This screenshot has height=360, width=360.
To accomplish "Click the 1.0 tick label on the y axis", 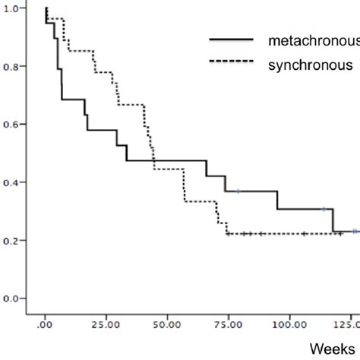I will (x=12, y=8).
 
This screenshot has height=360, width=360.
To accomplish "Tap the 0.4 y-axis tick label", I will (x=12, y=182).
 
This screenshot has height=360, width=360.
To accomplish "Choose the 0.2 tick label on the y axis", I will (x=12, y=240).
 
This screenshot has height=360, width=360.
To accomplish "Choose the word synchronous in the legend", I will (x=310, y=65).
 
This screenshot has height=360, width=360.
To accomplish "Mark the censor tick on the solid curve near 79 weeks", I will (x=238, y=191).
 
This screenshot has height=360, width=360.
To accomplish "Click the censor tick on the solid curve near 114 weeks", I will (x=324, y=209).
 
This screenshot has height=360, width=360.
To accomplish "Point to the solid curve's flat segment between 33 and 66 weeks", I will (x=167, y=160).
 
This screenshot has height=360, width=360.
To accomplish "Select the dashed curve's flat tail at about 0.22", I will (x=289, y=234).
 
